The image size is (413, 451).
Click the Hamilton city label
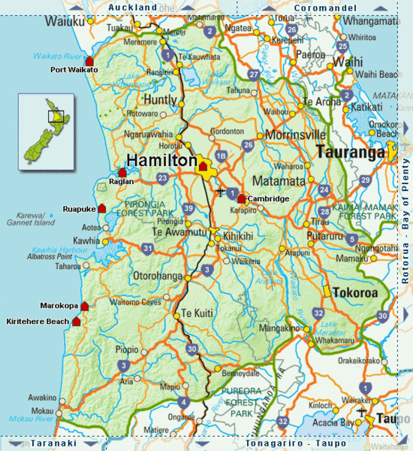(161, 160)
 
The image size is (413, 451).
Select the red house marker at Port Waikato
(90, 61)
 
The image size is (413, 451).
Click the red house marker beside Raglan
(122, 173)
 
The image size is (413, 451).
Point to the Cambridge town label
(269, 198)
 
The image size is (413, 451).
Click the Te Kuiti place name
(194, 312)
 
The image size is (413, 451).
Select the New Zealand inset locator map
(46, 129)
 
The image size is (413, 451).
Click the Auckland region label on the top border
(132, 8)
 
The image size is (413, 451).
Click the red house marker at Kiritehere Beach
(76, 321)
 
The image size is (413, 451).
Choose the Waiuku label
(25, 21)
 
